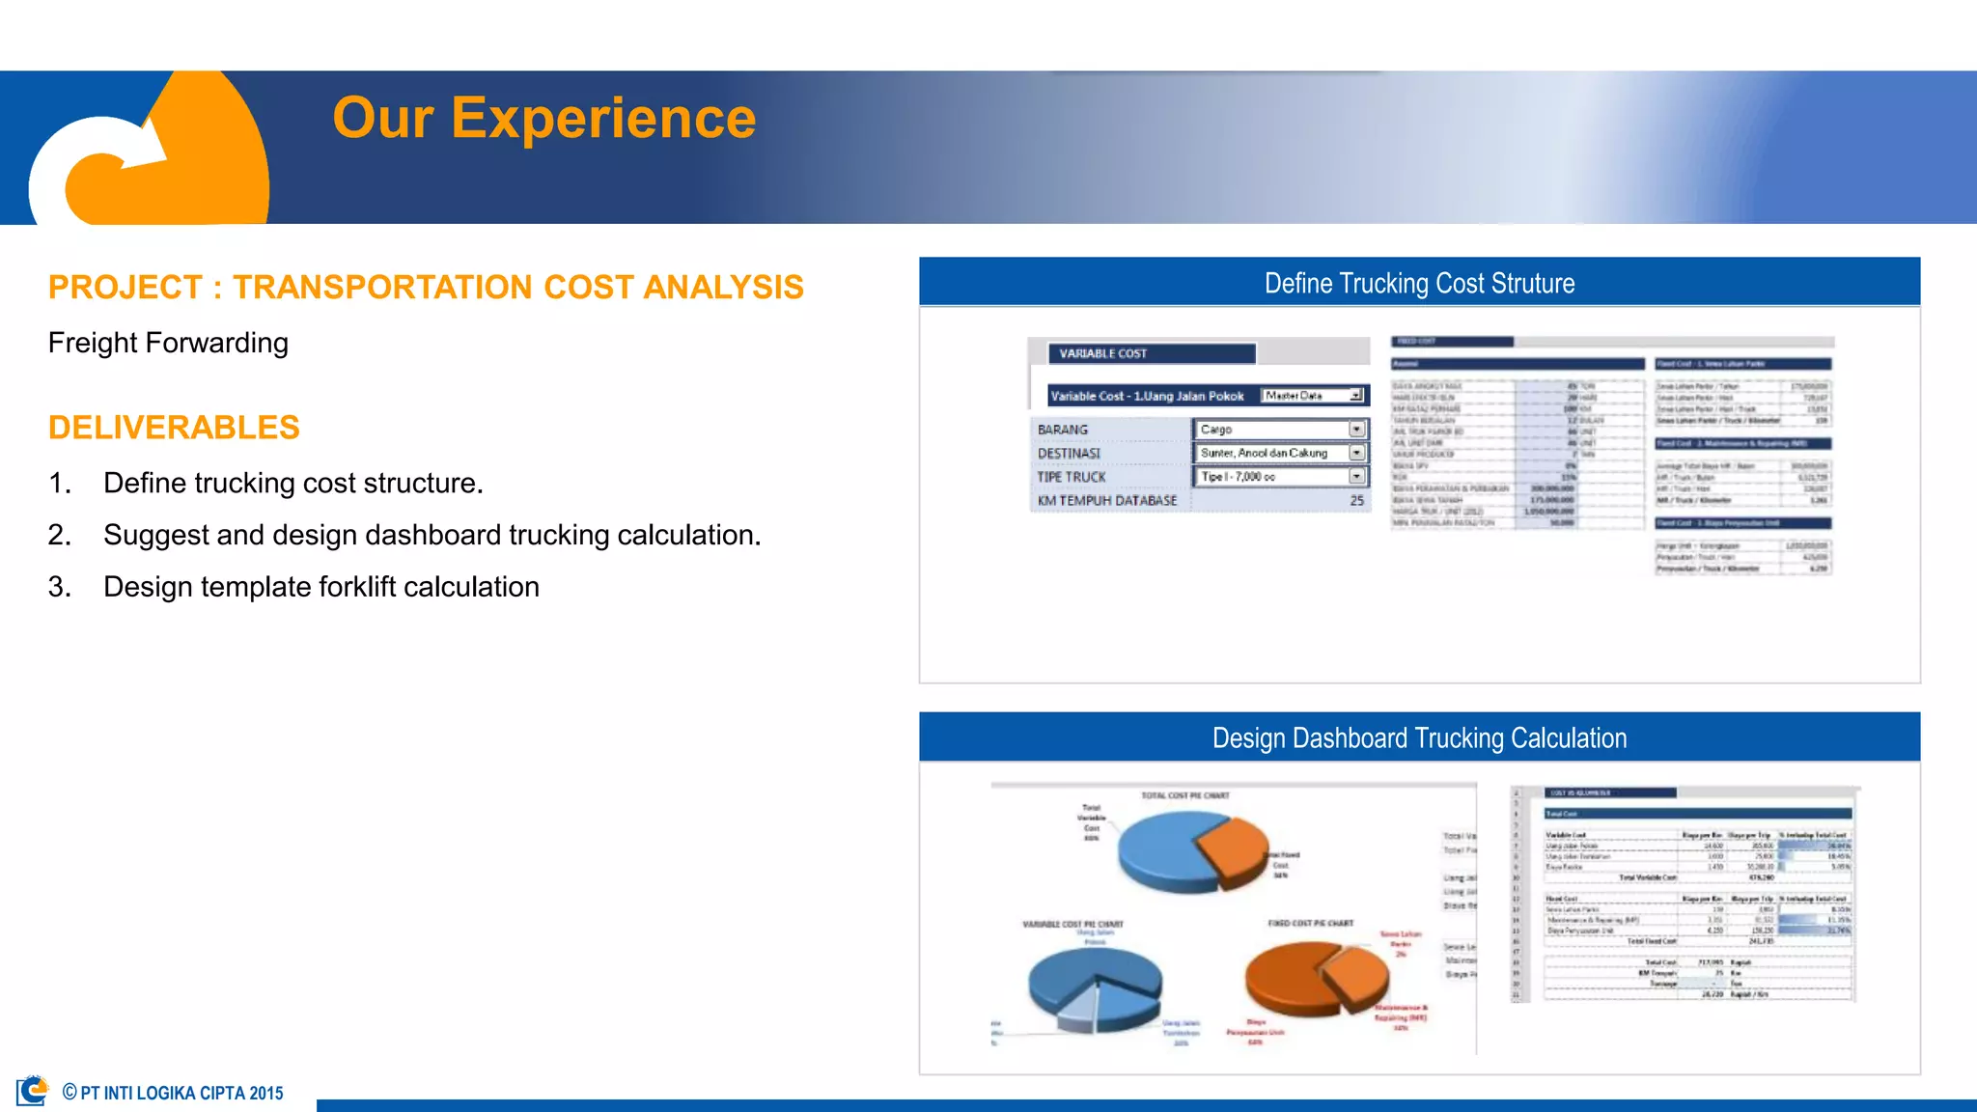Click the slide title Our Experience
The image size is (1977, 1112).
point(543,118)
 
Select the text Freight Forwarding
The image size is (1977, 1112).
point(168,343)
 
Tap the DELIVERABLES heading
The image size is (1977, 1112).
point(174,428)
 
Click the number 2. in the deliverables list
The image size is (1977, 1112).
point(60,535)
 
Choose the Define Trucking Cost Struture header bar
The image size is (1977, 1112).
point(1419,283)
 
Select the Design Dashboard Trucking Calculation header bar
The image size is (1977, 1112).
point(1419,737)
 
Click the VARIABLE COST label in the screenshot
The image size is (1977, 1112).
point(1103,354)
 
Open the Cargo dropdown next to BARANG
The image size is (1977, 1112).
point(1356,430)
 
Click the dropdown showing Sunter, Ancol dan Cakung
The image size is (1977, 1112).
point(1356,453)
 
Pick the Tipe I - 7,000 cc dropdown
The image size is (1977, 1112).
point(1356,477)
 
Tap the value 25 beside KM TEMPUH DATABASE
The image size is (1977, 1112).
point(1356,501)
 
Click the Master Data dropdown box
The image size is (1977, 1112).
point(1314,396)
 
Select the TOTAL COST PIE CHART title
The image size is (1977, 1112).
point(1184,796)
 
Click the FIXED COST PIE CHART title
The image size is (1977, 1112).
point(1310,924)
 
